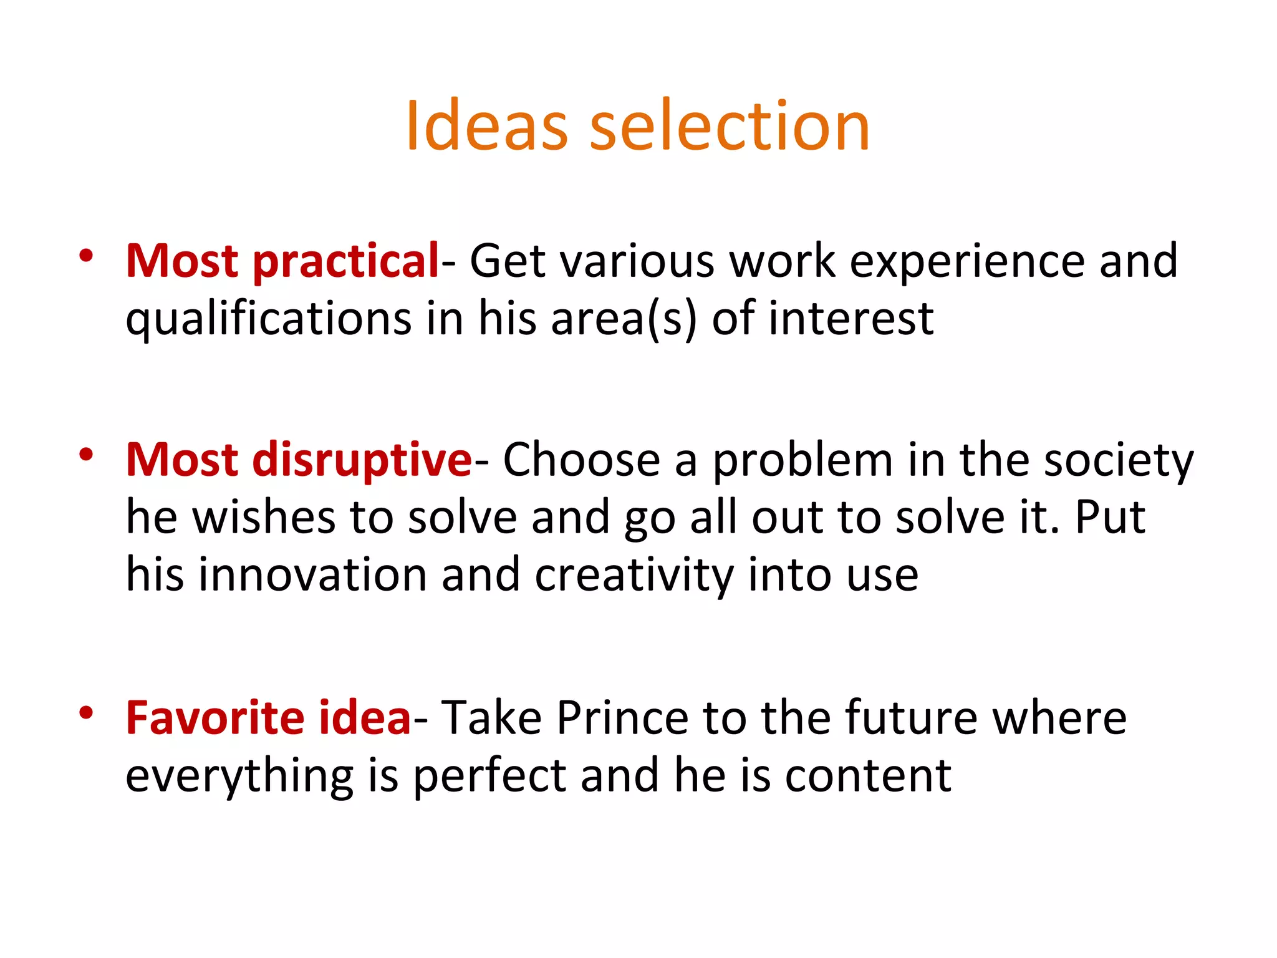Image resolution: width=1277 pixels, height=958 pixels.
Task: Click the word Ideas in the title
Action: coord(486,126)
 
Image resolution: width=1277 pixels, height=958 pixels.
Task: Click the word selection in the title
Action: coord(730,126)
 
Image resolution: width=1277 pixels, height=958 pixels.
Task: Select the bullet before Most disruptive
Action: coord(86,454)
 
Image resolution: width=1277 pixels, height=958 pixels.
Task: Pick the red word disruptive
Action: coord(362,460)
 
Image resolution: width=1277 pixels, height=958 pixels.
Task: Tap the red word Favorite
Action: coord(214,718)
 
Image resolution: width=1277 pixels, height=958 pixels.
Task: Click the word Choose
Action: coord(581,460)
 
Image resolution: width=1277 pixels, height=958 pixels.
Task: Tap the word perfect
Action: coord(489,777)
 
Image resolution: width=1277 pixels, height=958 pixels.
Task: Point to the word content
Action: coord(868,777)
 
